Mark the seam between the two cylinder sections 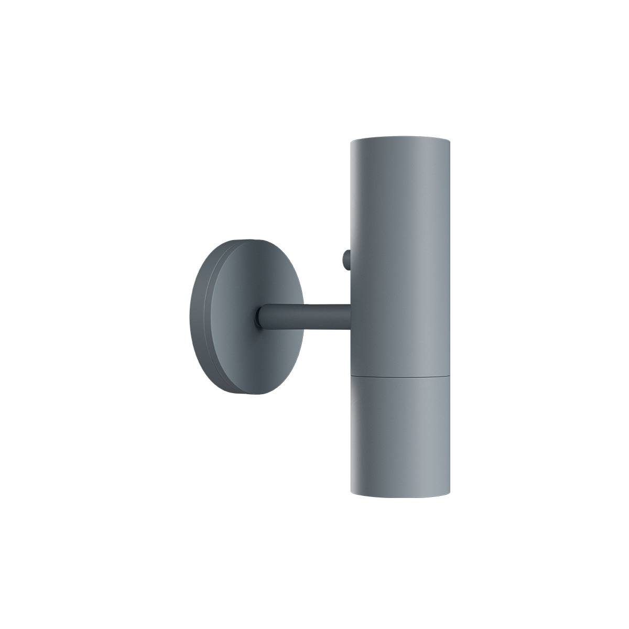point(399,376)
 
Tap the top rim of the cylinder point(399,139)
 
